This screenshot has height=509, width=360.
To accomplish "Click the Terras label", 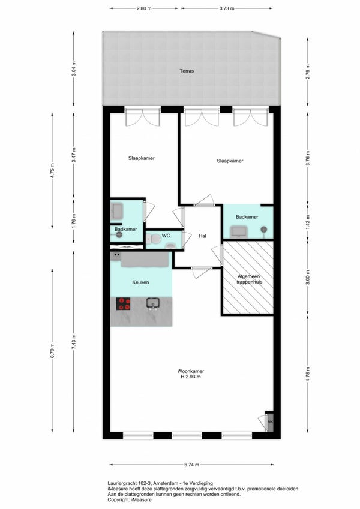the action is tap(187, 71).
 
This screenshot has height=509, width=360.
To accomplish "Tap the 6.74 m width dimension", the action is tap(191, 465).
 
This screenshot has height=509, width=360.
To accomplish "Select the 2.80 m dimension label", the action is tap(144, 8).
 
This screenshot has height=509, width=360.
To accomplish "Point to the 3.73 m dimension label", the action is tap(227, 8).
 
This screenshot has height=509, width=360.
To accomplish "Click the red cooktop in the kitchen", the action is tap(123, 304).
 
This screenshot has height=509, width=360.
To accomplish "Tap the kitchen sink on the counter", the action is tap(152, 303).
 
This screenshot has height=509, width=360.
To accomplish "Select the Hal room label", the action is tap(202, 236).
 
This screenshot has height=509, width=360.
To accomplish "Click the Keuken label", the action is tap(140, 282).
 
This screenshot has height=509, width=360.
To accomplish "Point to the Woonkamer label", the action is tap(191, 371).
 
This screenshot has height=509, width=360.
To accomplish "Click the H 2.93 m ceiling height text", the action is tap(191, 377).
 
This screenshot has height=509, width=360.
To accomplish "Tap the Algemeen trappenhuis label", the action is tap(249, 279).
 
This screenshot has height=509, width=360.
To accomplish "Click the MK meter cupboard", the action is tap(270, 421).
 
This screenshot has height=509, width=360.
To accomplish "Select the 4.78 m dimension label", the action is tap(308, 374).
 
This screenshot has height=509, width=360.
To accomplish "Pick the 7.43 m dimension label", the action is tap(74, 342).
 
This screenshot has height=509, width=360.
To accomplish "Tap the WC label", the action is tap(166, 236).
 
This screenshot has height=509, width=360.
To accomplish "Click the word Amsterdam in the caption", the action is tap(166, 483).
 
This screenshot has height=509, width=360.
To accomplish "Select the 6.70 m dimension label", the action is tap(52, 351).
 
